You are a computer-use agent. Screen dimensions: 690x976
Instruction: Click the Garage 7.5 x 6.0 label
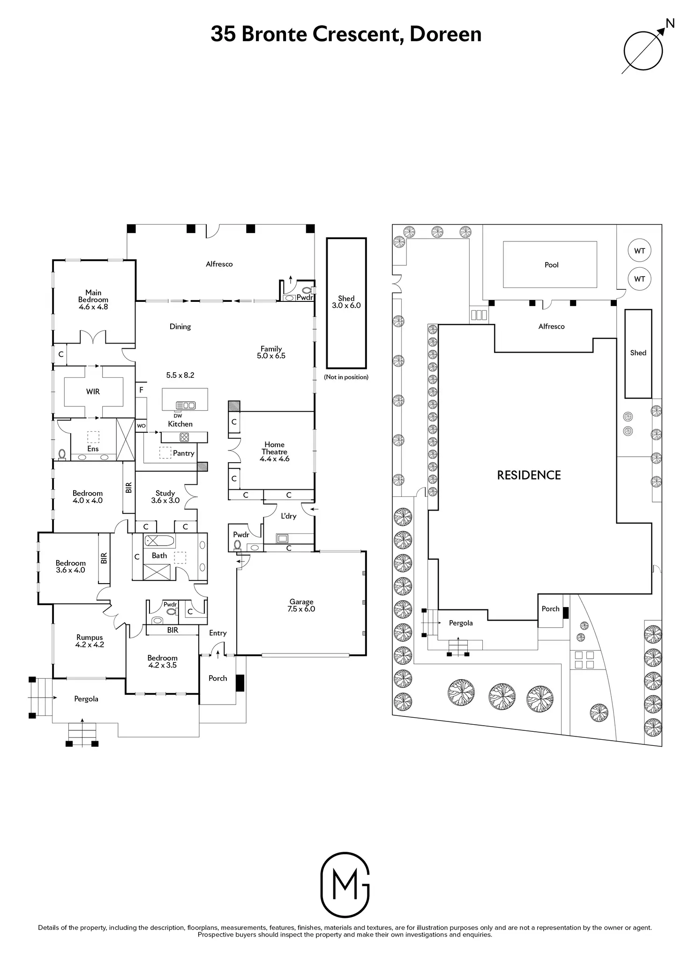(301, 605)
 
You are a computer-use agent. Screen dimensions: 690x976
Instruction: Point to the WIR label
(93, 391)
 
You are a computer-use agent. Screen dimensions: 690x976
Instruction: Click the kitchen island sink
(186, 405)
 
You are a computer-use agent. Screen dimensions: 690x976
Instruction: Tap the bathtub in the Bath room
(159, 541)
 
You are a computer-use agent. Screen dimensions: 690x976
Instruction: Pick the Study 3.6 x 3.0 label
(165, 496)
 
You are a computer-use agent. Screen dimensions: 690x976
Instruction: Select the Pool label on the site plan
(552, 265)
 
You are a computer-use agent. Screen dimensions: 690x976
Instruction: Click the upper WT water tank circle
(640, 251)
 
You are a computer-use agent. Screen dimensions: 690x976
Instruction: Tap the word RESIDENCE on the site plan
(529, 475)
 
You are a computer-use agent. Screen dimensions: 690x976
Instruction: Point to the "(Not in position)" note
(346, 377)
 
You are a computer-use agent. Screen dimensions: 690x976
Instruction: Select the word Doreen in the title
(446, 34)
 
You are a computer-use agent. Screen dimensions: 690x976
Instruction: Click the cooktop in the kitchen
(184, 437)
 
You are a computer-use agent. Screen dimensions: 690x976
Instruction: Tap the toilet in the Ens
(61, 454)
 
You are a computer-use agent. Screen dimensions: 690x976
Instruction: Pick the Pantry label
(183, 453)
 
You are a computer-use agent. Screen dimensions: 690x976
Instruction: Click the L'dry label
(289, 516)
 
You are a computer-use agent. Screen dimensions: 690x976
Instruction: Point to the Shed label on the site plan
(638, 353)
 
